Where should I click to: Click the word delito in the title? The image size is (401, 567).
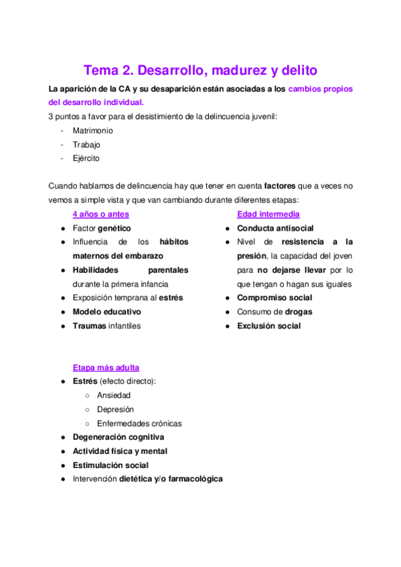coord(297,70)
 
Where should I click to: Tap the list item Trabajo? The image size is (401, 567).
coord(87,144)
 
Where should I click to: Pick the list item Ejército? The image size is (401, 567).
coord(86,158)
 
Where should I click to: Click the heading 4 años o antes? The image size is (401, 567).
coord(100,214)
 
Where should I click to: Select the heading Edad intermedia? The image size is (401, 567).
coord(268,214)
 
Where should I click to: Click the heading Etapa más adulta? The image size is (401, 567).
coord(106,367)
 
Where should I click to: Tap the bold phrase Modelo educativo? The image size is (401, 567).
coord(107,312)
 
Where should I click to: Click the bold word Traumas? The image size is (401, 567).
coord(89,326)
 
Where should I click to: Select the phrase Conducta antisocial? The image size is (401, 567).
coord(275,228)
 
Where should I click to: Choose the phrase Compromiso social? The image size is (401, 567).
coord(274,298)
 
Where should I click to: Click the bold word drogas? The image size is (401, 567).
coord(299,312)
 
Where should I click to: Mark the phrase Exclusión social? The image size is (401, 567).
coord(268,326)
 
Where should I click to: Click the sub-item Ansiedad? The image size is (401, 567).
coord(114,395)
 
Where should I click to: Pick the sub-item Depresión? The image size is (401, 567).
coord(115,409)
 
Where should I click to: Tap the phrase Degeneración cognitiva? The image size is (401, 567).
coord(118,437)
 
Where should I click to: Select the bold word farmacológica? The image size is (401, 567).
coord(195,479)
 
